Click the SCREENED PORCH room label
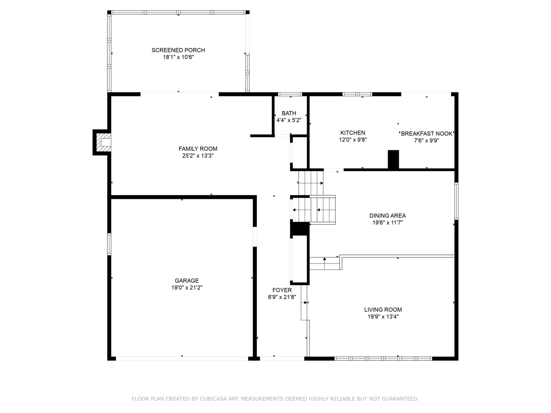(x=178, y=50)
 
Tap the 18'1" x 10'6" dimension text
(x=178, y=57)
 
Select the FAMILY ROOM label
(x=198, y=149)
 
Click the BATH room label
(x=289, y=113)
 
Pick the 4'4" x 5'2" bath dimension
(x=289, y=120)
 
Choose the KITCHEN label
(x=353, y=133)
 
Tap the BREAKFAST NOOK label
(x=426, y=133)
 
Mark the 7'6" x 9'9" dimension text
(x=426, y=140)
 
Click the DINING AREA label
(x=387, y=216)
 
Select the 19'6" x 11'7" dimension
(x=387, y=223)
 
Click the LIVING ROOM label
(x=383, y=310)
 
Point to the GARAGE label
(x=187, y=281)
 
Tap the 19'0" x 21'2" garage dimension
(x=187, y=288)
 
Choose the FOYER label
(x=282, y=290)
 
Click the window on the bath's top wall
(x=290, y=94)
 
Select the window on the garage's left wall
(x=109, y=244)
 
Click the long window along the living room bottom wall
(x=383, y=359)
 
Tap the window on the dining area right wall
(x=456, y=201)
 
